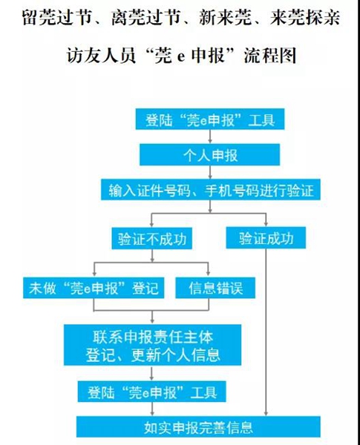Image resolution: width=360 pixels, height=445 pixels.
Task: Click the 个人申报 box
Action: pyautogui.click(x=210, y=155)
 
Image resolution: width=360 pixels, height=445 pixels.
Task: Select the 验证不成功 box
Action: pyautogui.click(x=151, y=238)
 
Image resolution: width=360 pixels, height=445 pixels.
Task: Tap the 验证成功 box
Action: pyautogui.click(x=266, y=238)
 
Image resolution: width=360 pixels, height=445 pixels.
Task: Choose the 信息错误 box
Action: pyautogui.click(x=215, y=288)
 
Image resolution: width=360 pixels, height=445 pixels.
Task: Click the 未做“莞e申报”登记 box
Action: pyautogui.click(x=94, y=288)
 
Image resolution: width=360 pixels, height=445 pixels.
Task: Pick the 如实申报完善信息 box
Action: pyautogui.click(x=198, y=427)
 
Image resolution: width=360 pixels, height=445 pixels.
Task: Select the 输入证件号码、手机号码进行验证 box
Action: pyautogui.click(x=211, y=190)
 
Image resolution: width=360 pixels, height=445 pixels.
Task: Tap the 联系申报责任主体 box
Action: pyautogui.click(x=153, y=345)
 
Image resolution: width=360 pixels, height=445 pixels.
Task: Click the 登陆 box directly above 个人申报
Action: pyautogui.click(x=210, y=119)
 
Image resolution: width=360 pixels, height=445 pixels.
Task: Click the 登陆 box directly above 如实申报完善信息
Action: pyautogui.click(x=151, y=392)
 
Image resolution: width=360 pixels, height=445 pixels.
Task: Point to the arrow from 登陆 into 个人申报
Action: pyautogui.click(x=210, y=136)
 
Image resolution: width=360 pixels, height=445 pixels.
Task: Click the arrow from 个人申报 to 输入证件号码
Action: pyautogui.click(x=210, y=172)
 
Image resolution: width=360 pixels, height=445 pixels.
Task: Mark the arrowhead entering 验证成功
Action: pyautogui.click(x=266, y=224)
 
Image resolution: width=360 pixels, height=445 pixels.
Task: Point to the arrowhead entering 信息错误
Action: pyautogui.click(x=209, y=274)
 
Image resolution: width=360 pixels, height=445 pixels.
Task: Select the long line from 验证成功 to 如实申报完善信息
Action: pyautogui.click(x=266, y=332)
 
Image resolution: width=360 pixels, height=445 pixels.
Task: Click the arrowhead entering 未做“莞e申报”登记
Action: pyautogui.click(x=94, y=274)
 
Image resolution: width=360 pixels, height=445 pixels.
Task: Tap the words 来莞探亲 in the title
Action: pyautogui.click(x=304, y=18)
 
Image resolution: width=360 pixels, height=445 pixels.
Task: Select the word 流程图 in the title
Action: pyautogui.click(x=270, y=56)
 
